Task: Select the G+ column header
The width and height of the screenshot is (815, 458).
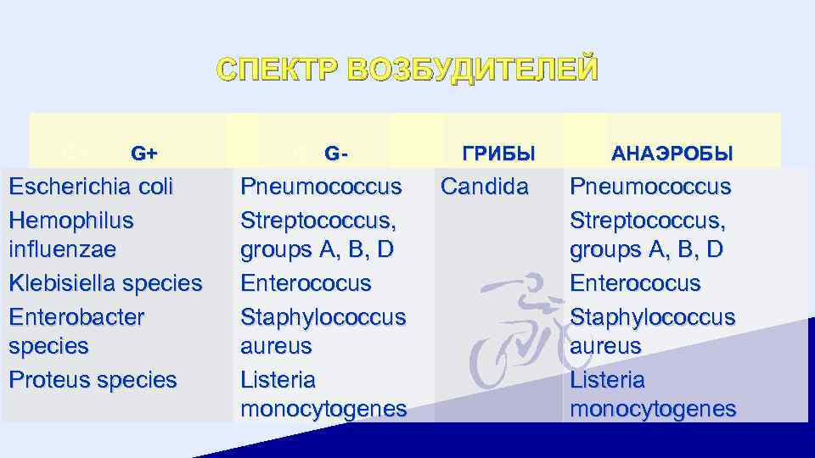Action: [144, 154]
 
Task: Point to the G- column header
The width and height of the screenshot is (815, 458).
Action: [336, 154]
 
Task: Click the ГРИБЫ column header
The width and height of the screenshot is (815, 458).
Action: [498, 154]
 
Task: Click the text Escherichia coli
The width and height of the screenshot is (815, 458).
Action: [91, 187]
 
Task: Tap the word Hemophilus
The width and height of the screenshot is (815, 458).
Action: [71, 220]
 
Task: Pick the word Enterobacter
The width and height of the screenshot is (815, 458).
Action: [76, 316]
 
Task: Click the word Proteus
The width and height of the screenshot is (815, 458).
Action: [49, 379]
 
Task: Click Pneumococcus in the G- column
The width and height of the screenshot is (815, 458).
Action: [320, 187]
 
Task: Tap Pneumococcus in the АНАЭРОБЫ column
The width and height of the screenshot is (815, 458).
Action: [650, 187]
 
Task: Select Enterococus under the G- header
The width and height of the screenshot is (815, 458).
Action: [306, 283]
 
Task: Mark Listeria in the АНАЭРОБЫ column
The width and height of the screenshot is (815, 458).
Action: [607, 379]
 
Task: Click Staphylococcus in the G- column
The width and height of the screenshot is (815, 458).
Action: [323, 316]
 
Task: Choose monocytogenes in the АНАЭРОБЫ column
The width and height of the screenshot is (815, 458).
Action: [653, 409]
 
